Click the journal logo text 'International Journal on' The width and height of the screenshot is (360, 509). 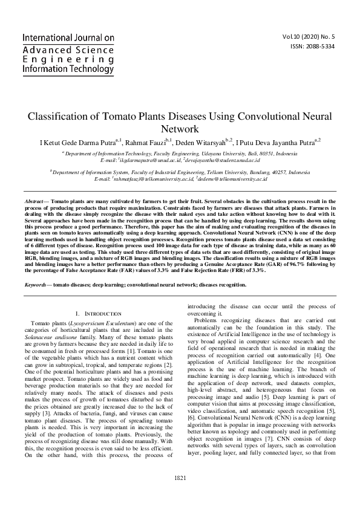pos(68,37)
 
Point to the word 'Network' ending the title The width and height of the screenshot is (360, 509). pos(180,129)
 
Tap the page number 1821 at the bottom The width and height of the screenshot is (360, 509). pos(180,494)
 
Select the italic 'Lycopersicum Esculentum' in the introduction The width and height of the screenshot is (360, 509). pos(100,324)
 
